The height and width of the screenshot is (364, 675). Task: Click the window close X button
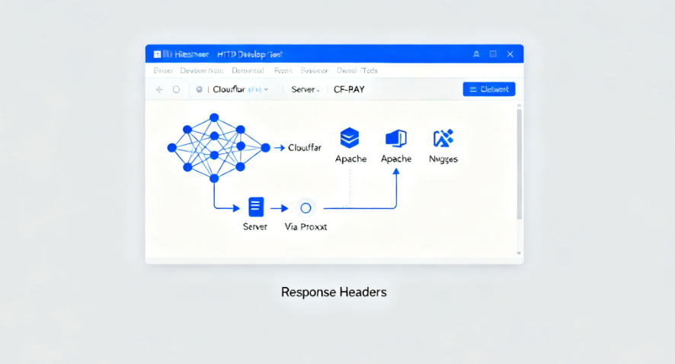[x=510, y=54]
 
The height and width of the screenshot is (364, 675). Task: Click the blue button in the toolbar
[x=489, y=89]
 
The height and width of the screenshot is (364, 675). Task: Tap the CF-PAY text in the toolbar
[x=349, y=89]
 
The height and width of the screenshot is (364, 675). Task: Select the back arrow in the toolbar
[x=159, y=89]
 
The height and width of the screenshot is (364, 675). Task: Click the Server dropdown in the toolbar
[x=306, y=89]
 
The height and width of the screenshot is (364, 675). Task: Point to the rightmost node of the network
[x=265, y=147]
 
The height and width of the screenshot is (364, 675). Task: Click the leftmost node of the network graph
[x=171, y=147]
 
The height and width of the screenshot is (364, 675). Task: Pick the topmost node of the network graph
[x=214, y=118]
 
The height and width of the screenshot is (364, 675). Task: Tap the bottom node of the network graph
[x=214, y=178]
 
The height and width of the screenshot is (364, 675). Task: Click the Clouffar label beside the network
[x=306, y=147]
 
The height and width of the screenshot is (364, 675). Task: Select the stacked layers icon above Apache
[x=350, y=138]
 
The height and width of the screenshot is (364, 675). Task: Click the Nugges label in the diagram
[x=443, y=159]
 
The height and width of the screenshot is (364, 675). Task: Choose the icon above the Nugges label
[x=443, y=138]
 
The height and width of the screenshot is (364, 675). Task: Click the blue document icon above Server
[x=255, y=207]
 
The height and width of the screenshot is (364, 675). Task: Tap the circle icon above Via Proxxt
[x=306, y=208]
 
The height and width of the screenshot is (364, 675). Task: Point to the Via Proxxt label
[x=306, y=227]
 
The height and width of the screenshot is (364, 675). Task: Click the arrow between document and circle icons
[x=280, y=208]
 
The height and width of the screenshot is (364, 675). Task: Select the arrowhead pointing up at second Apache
[x=396, y=172]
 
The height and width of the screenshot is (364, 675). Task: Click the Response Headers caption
[x=334, y=292]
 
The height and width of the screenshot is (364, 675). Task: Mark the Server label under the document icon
[x=255, y=227]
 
